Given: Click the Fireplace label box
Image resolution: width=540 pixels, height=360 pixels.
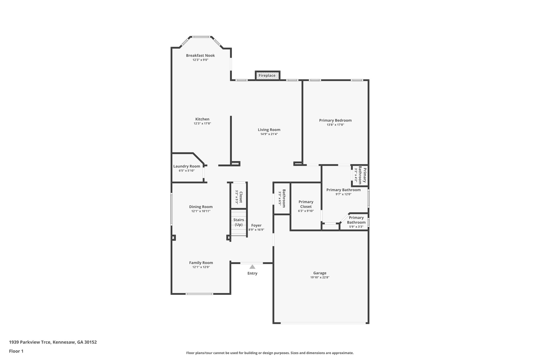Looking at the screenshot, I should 267,75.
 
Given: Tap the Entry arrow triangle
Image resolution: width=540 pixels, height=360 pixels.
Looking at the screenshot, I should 252,267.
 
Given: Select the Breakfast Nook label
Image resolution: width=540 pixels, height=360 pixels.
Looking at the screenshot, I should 200,55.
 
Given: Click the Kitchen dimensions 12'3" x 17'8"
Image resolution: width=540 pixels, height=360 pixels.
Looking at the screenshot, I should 202,123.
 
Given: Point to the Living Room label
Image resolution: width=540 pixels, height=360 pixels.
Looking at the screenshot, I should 269,130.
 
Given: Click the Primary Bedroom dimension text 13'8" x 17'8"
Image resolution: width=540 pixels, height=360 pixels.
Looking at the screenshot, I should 335,125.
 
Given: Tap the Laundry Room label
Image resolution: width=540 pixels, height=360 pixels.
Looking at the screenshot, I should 187,166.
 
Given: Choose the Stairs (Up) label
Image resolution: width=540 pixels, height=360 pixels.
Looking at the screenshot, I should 239,222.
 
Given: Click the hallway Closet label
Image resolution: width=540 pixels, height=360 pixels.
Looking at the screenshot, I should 240,197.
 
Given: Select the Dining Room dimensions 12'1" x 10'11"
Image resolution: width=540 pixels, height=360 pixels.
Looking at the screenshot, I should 201,211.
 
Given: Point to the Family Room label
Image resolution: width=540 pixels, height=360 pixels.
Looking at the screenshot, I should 201,263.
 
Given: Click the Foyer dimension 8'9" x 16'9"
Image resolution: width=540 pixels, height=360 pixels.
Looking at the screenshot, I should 256,230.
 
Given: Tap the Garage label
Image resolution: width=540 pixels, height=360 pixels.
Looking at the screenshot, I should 320,273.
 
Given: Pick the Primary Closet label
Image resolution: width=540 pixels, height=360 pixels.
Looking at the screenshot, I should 306,204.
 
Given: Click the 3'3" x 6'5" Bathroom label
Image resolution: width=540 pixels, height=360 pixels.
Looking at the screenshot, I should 284,198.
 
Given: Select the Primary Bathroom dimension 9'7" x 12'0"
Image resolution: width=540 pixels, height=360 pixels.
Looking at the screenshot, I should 343,194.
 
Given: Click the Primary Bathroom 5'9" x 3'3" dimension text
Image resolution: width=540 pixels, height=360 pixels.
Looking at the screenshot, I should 356,227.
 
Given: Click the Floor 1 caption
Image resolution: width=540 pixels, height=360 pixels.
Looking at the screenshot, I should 16,351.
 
